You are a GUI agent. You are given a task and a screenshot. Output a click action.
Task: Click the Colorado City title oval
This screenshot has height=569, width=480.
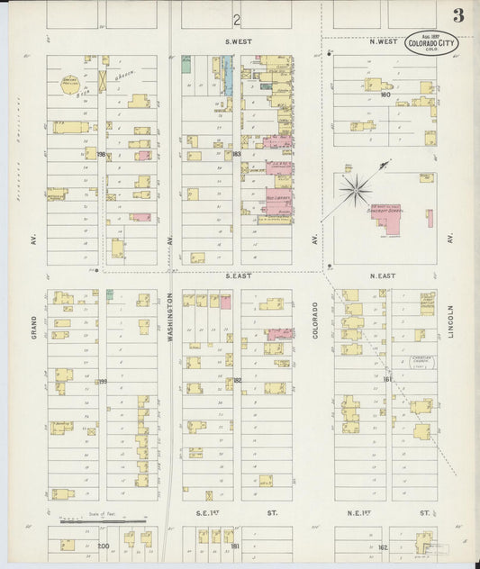(431, 42)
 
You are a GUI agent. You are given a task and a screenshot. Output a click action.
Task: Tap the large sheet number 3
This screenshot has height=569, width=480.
(458, 16)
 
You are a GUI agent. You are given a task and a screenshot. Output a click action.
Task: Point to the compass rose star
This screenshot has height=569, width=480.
(357, 189)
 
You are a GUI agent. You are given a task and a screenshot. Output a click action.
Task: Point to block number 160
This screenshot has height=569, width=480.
(385, 94)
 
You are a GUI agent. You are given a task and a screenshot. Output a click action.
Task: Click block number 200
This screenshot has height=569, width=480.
(102, 546)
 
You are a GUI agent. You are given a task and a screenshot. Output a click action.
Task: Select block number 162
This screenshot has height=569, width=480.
(383, 546)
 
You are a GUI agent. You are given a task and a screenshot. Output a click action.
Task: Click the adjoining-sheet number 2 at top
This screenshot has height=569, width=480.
(236, 19)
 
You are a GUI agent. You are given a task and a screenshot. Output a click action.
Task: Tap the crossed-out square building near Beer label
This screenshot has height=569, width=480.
(103, 80)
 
